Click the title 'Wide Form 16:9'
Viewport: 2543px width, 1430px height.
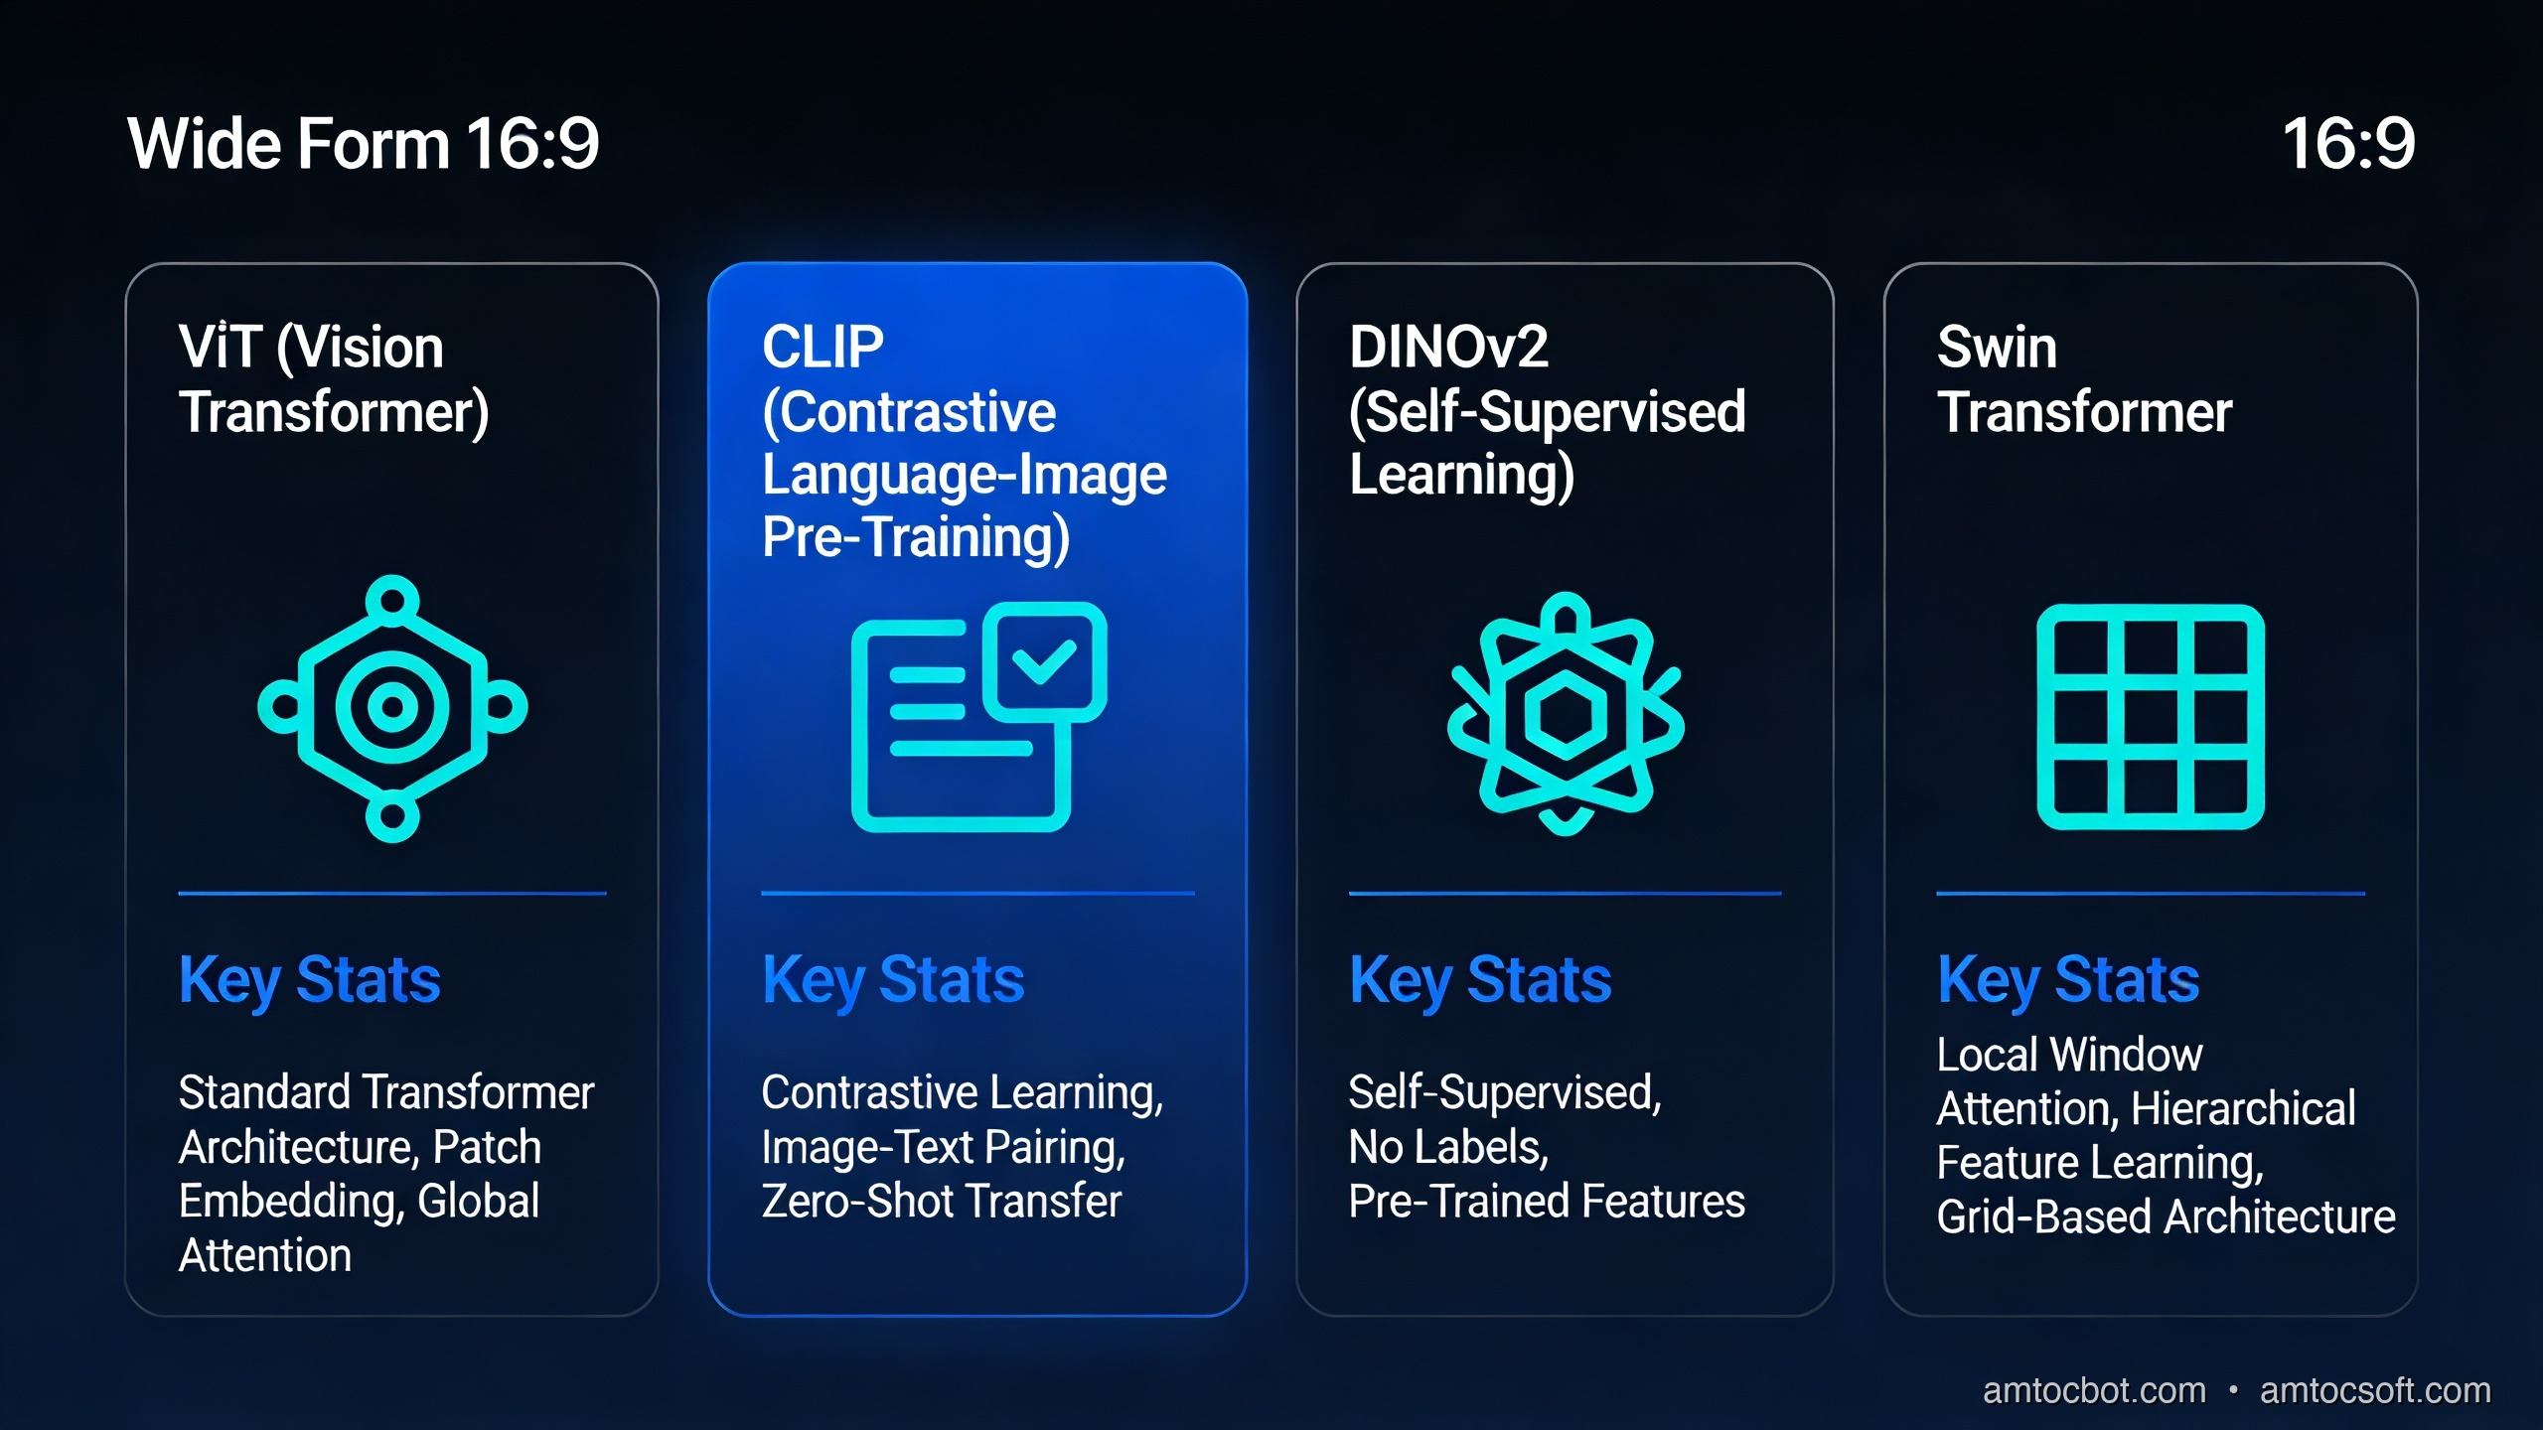pos(364,144)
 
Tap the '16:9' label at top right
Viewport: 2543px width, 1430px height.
pos(2347,144)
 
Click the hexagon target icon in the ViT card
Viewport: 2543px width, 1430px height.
pos(392,708)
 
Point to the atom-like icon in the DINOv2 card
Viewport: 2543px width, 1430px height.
pos(1566,714)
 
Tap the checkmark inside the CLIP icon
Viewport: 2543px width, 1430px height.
pos(1043,659)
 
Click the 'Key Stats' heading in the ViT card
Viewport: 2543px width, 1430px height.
pos(309,980)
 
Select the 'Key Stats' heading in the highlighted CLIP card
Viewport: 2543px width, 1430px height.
pos(893,980)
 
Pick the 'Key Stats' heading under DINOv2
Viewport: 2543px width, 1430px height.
pos(1480,980)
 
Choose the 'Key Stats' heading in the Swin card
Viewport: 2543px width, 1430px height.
pos(2068,980)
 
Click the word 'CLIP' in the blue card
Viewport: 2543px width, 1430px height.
pos(823,348)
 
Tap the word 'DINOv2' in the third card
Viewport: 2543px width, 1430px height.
pos(1448,348)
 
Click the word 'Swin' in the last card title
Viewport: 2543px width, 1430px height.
pos(1997,348)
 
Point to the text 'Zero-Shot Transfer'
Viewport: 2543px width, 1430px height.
pos(941,1202)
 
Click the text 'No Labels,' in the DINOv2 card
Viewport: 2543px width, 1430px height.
pos(1448,1148)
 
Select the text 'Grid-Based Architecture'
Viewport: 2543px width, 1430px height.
pos(2166,1217)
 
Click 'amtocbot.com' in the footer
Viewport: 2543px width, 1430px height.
pos(2094,1390)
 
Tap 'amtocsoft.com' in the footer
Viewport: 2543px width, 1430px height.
pos(2375,1390)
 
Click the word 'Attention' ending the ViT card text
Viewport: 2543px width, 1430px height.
pos(265,1256)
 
